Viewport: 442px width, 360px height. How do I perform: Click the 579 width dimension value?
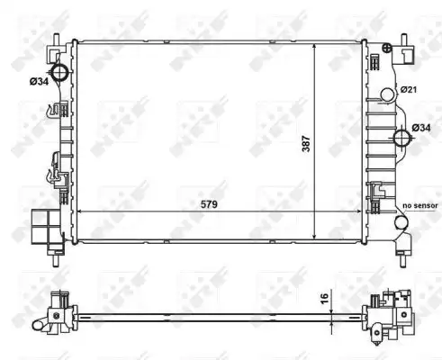click(209, 204)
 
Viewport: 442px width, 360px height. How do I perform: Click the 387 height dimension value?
click(306, 143)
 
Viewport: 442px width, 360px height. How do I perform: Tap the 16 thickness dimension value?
click(325, 299)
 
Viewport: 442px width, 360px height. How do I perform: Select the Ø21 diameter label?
click(409, 89)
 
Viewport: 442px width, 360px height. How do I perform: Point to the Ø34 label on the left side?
click(39, 81)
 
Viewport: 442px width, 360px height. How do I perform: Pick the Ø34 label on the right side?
click(421, 128)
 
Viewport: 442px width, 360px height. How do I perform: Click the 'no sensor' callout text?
click(420, 205)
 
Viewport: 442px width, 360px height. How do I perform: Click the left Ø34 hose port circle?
click(60, 72)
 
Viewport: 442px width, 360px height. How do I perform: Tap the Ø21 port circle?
click(387, 94)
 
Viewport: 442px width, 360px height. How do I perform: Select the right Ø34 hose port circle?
click(402, 139)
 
